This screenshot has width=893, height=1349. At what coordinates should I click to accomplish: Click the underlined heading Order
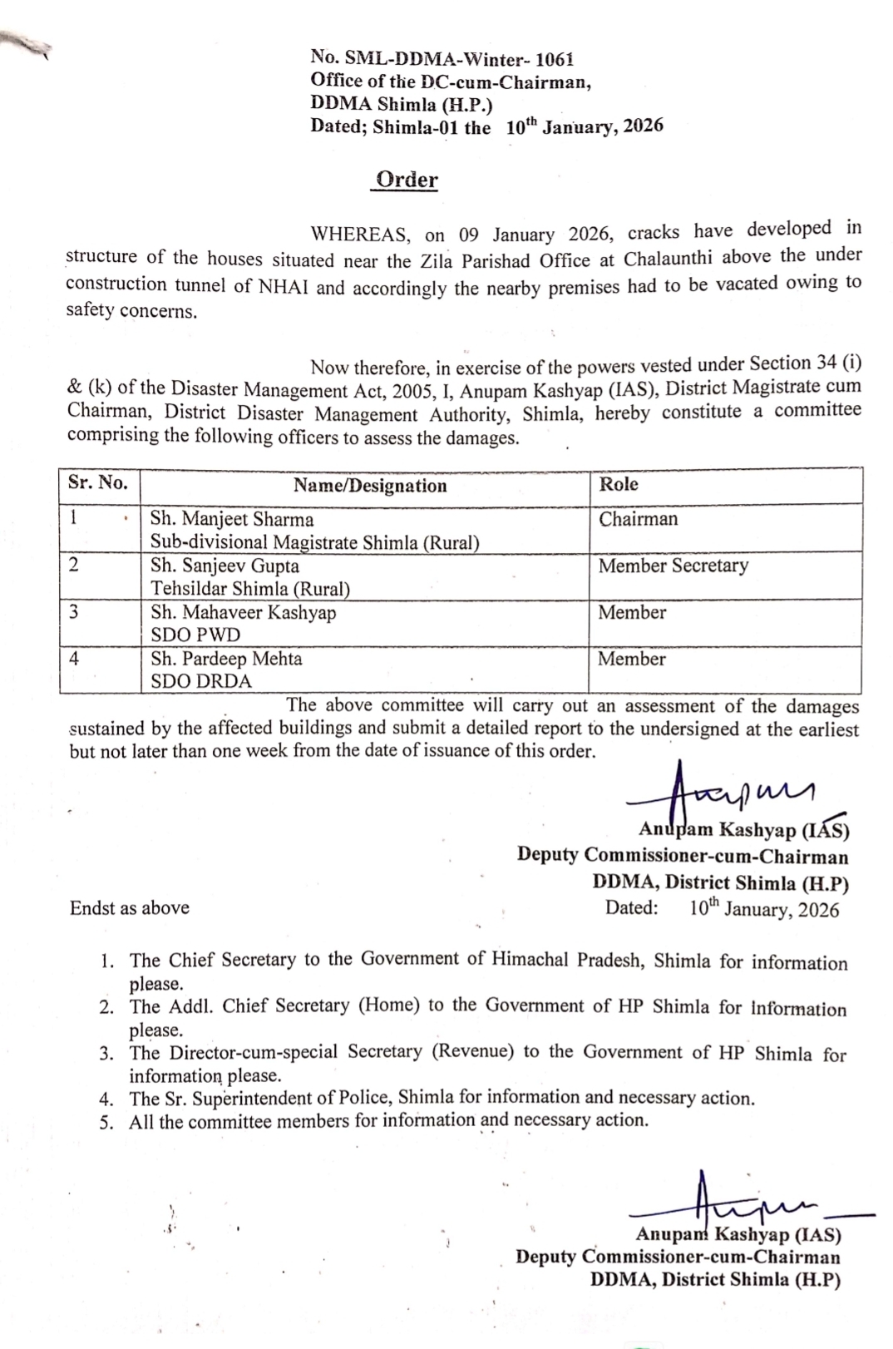coord(407,180)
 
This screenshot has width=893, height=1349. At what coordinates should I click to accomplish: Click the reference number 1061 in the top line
coord(555,59)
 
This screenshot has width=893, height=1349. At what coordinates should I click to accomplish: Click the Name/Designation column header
coord(370,486)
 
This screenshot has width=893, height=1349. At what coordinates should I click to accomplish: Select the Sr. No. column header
coord(98,483)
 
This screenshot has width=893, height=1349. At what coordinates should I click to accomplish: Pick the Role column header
coord(619,484)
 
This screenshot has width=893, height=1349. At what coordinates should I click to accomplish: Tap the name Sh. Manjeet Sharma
coord(232,520)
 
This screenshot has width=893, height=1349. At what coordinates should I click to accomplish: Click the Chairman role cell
coord(638,519)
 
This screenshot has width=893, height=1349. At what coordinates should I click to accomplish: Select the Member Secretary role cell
coord(673,566)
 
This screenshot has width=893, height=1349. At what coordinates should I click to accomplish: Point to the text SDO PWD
coord(195,635)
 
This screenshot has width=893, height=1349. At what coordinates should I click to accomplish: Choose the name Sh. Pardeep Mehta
coord(226,659)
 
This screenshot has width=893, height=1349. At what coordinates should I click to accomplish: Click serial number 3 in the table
coord(74,612)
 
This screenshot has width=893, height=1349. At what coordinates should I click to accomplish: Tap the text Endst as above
coord(130,907)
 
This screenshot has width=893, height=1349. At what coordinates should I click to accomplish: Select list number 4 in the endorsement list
coord(106,1099)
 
